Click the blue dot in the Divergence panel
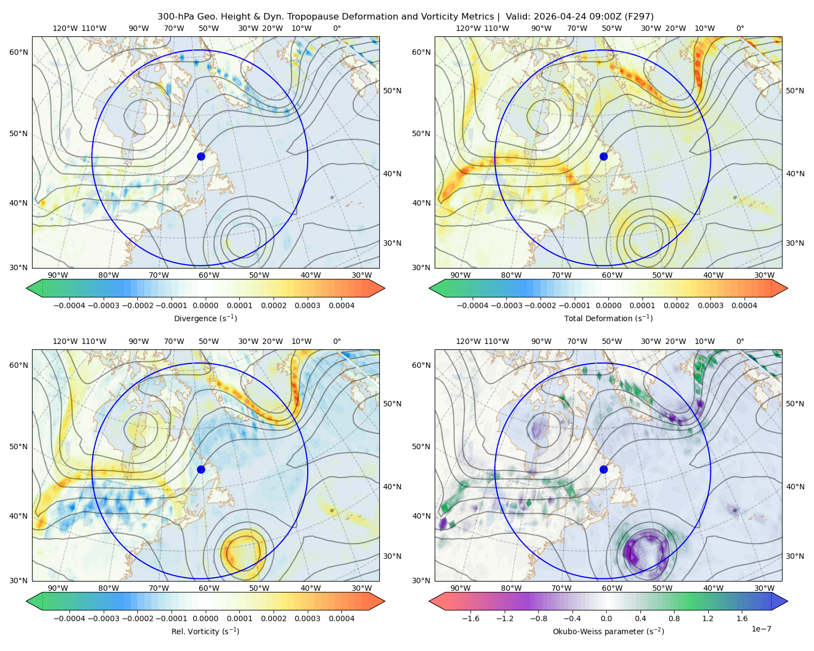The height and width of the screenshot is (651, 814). coord(201,156)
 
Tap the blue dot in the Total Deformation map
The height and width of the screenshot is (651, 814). coord(603,156)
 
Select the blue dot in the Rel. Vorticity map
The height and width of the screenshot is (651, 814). coord(201,469)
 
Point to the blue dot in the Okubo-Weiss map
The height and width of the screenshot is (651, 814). coord(603,469)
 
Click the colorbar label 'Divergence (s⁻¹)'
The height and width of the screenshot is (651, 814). coord(205,318)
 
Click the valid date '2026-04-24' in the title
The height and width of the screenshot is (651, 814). coord(555,17)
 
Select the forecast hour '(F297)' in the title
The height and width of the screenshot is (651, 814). coord(639,17)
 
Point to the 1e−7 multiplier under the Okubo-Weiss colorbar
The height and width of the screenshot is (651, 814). coord(761,629)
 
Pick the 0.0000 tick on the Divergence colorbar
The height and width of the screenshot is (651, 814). coord(205,305)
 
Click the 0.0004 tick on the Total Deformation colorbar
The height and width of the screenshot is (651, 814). coord(744,305)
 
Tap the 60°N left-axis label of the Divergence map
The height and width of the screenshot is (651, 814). coord(18,52)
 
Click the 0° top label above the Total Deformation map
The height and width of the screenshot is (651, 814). coord(740,28)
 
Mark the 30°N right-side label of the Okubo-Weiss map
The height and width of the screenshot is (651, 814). coord(795,556)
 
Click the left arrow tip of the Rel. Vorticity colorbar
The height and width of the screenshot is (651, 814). coord(27,601)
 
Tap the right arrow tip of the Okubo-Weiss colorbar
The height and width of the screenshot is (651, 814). coord(787,601)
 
